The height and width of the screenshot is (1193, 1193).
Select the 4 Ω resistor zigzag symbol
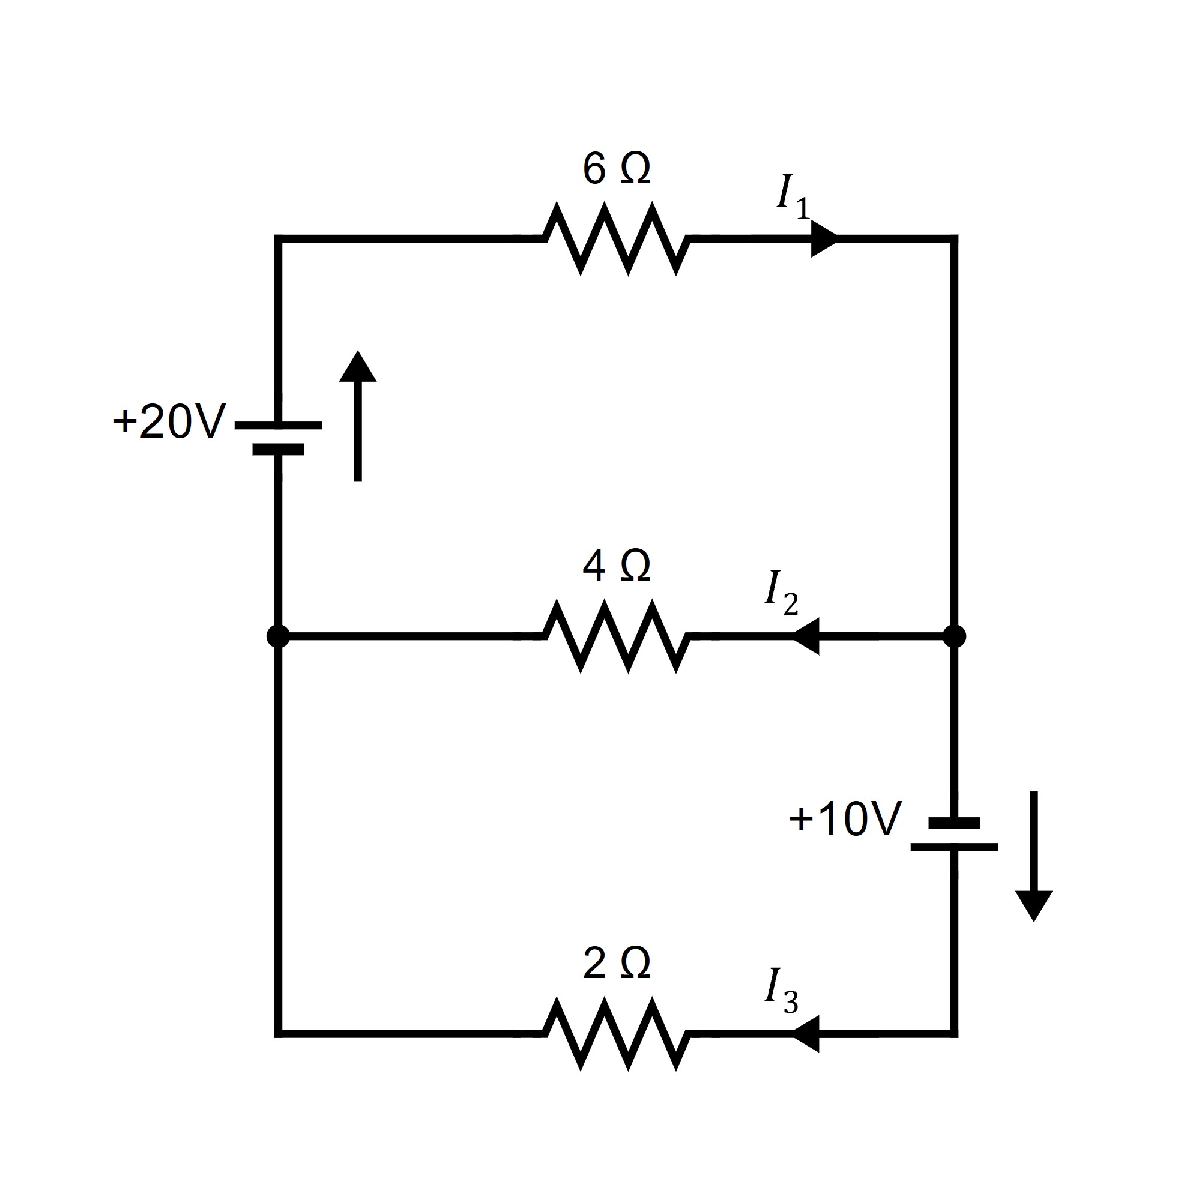click(x=616, y=636)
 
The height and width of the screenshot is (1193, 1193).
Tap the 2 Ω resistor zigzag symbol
click(x=616, y=1034)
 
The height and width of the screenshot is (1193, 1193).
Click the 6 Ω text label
click(x=616, y=169)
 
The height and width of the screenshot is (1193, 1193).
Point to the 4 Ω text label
click(x=616, y=566)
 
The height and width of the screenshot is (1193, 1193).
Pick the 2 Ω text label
click(x=616, y=964)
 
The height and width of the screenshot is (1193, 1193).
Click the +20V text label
click(x=170, y=421)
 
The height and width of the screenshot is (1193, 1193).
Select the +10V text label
click(x=845, y=819)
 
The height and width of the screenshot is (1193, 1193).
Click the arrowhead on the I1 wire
click(x=823, y=238)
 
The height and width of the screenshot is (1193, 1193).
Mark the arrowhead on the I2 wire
click(x=806, y=636)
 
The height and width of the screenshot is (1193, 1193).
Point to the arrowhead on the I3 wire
click(x=806, y=1034)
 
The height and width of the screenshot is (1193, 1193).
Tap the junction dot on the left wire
click(x=278, y=636)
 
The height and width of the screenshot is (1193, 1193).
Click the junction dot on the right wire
click(x=954, y=636)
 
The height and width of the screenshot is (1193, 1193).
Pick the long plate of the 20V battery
click(x=278, y=426)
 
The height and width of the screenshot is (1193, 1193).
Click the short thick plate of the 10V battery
click(x=954, y=823)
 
